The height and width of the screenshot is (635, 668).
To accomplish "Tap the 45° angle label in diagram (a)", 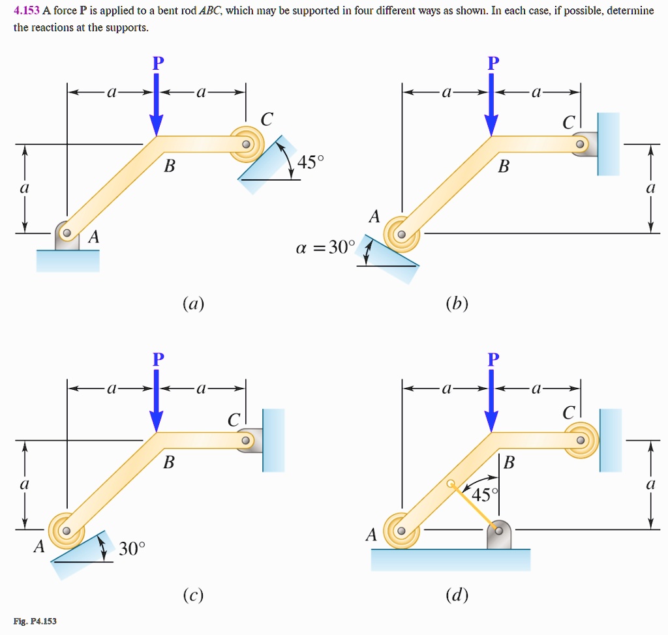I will point(310,162).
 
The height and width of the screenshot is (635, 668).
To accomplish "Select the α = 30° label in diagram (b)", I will point(326,247).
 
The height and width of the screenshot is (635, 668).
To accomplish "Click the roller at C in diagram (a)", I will point(246,143).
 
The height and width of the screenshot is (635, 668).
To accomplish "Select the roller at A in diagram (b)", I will point(401,235).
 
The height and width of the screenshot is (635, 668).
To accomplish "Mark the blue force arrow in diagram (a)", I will point(157,104).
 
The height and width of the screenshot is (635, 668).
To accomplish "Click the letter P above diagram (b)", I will point(493,63).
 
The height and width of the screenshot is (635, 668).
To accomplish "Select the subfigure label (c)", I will point(193,595).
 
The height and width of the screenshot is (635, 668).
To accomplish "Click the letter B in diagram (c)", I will point(169,462).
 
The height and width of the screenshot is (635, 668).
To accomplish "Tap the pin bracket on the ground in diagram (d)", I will point(499,536).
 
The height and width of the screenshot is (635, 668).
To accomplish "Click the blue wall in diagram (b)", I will point(608,144).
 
